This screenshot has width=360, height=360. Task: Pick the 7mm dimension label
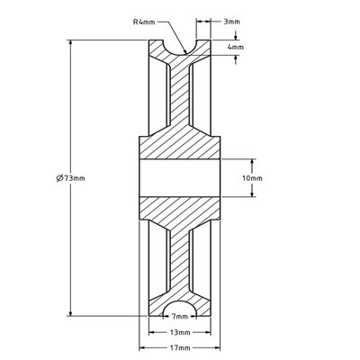coord(181,317)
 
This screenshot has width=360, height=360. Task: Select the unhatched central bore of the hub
coord(181,178)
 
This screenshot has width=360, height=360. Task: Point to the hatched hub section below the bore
coord(181,210)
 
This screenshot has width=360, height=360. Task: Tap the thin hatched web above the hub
coord(181,99)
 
